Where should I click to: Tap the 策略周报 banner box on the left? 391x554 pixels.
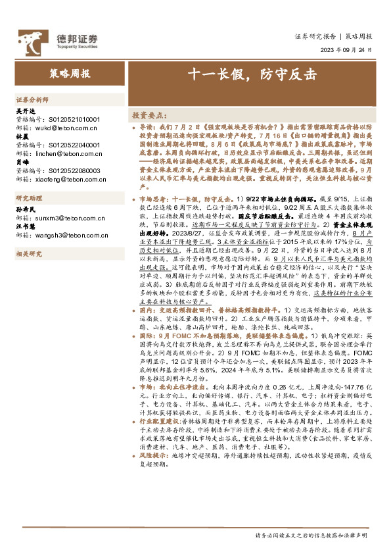(x=70, y=74)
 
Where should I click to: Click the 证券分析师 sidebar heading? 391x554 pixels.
(x=32, y=99)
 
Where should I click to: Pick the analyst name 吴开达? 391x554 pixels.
(x=25, y=111)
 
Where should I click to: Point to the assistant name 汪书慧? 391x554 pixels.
(x=25, y=226)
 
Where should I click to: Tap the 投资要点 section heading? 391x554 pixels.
(x=149, y=114)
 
